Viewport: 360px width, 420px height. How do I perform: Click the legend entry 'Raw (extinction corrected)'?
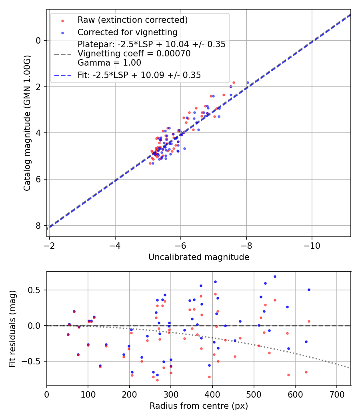click(x=132, y=20)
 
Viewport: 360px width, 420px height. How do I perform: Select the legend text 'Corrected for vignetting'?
click(x=127, y=32)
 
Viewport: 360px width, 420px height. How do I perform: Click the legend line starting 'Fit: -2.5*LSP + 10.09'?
click(x=139, y=75)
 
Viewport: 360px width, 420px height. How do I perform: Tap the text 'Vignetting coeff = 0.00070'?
click(x=134, y=54)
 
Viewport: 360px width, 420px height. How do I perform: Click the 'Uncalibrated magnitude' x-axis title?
click(x=199, y=257)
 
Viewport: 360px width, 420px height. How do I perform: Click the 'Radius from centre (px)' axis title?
click(x=199, y=406)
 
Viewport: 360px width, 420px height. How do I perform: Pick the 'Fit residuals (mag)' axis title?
click(x=12, y=328)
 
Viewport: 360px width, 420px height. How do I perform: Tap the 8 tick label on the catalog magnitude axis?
click(x=39, y=226)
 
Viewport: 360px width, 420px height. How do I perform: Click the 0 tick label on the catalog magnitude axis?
click(x=39, y=40)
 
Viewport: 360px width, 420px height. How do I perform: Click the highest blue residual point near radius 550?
click(x=275, y=276)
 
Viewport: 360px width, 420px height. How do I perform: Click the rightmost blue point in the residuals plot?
click(x=309, y=290)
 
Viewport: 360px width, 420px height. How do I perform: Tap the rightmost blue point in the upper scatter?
click(x=248, y=82)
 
